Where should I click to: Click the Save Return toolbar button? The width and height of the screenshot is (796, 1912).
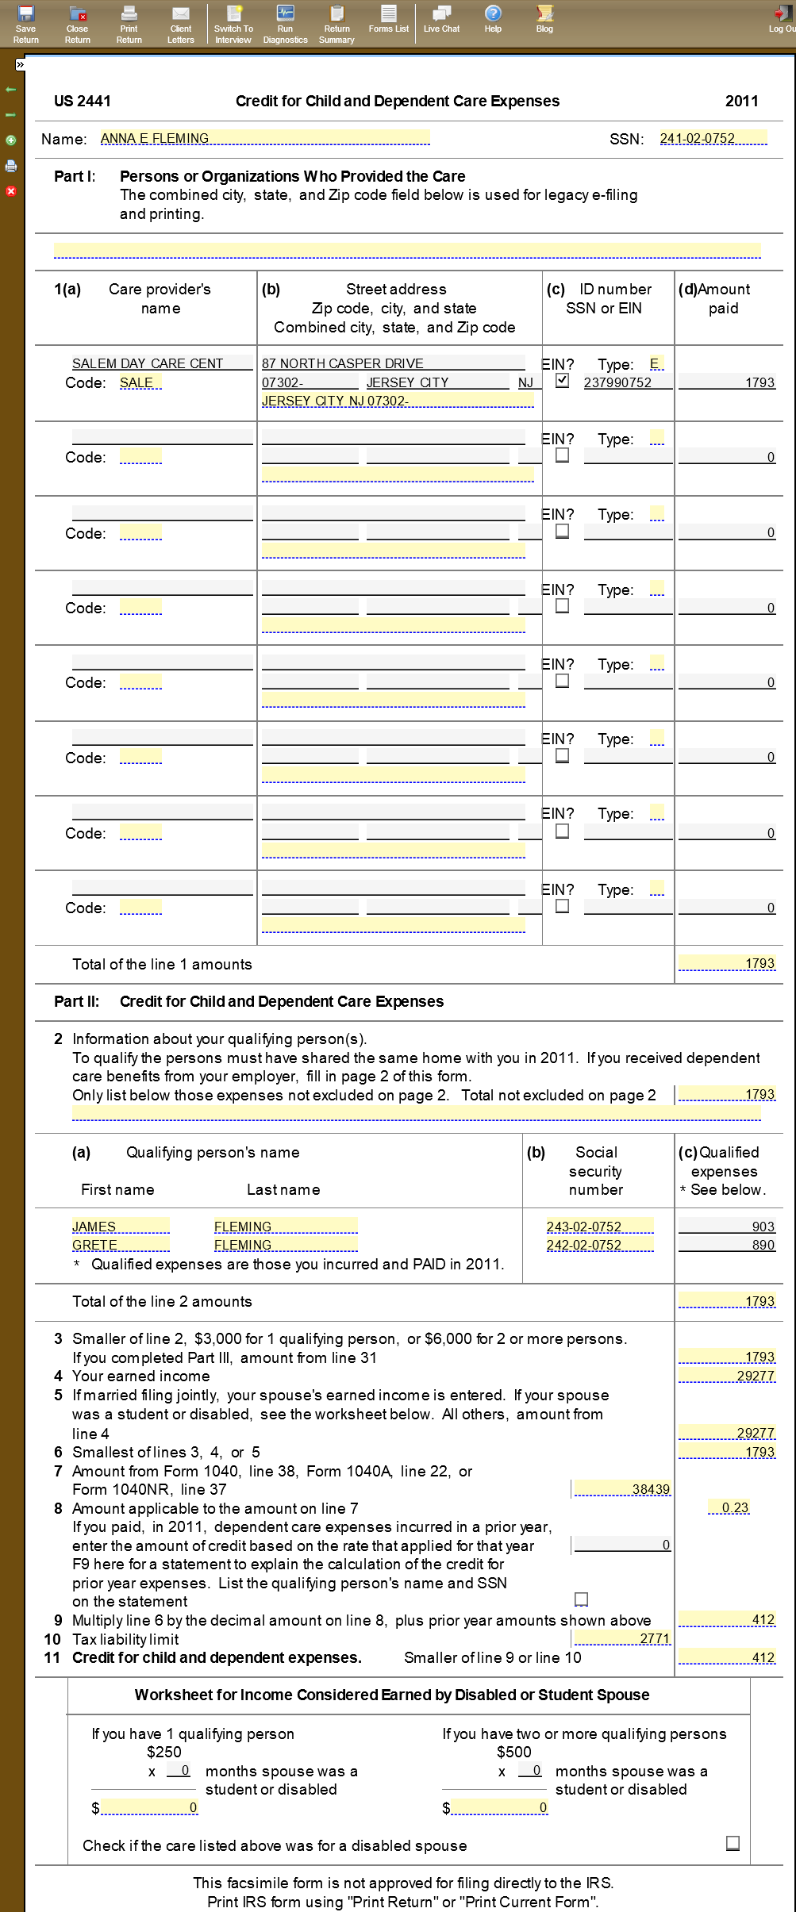pyautogui.click(x=25, y=23)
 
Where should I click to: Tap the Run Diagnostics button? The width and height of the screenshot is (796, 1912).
pyautogui.click(x=285, y=23)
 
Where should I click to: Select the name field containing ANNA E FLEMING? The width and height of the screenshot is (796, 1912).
pyautogui.click(x=264, y=138)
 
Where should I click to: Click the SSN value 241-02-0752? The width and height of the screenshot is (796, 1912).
pyautogui.click(x=713, y=138)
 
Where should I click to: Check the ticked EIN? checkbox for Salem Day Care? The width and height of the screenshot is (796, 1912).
pyautogui.click(x=563, y=380)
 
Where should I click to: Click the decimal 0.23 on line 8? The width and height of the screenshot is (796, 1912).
pyautogui.click(x=735, y=1507)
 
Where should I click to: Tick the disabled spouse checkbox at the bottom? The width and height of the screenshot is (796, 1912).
pyautogui.click(x=733, y=1843)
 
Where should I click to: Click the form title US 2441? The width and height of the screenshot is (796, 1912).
pyautogui.click(x=83, y=101)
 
